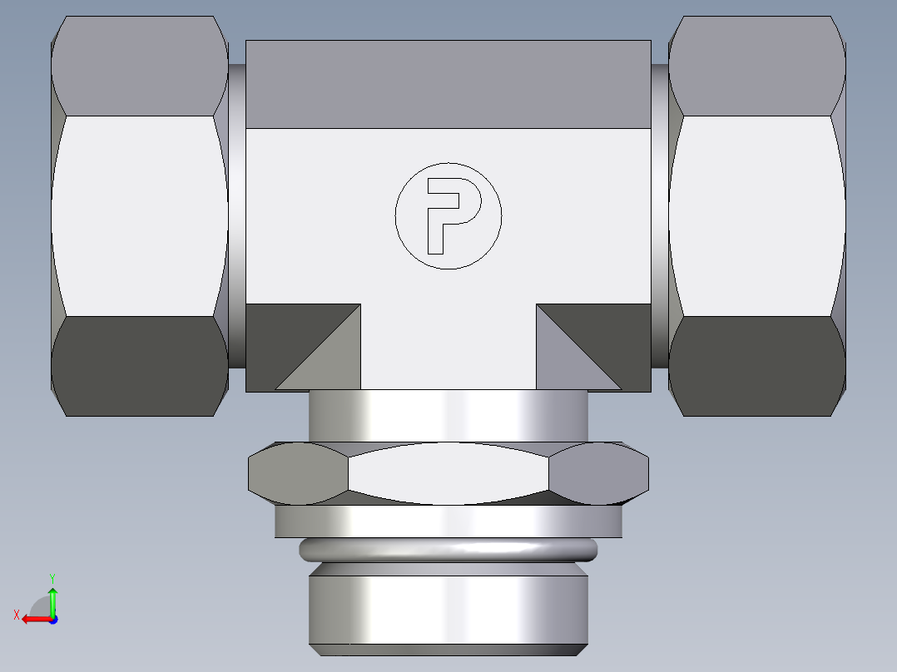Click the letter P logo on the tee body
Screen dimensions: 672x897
click(448, 215)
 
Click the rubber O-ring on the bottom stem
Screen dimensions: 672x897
click(448, 550)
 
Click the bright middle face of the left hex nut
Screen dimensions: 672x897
click(140, 215)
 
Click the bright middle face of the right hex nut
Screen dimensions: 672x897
click(756, 215)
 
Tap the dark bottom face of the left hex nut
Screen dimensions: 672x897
click(140, 366)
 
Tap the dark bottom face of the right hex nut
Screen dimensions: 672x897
click(756, 366)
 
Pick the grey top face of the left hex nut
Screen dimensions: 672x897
click(140, 66)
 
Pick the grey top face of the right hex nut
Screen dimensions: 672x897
click(756, 66)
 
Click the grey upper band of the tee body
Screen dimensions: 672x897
click(448, 84)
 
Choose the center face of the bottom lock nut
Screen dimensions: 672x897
click(448, 474)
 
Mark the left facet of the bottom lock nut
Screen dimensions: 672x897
click(299, 474)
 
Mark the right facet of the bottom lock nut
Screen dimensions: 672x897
click(598, 474)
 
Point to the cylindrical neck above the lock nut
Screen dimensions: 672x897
click(448, 415)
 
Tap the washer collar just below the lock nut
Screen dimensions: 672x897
click(448, 521)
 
